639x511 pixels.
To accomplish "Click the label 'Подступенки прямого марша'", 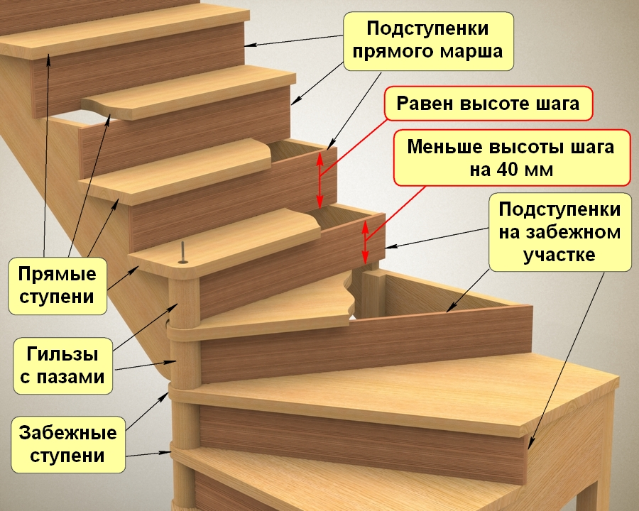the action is pyautogui.click(x=428, y=40).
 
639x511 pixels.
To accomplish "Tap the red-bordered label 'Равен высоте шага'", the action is pyautogui.click(x=488, y=104).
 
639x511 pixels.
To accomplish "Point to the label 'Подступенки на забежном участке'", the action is pyautogui.click(x=559, y=232).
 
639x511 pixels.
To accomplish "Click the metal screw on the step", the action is pyautogui.click(x=184, y=253).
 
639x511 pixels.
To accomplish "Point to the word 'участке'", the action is pyautogui.click(x=559, y=255).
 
